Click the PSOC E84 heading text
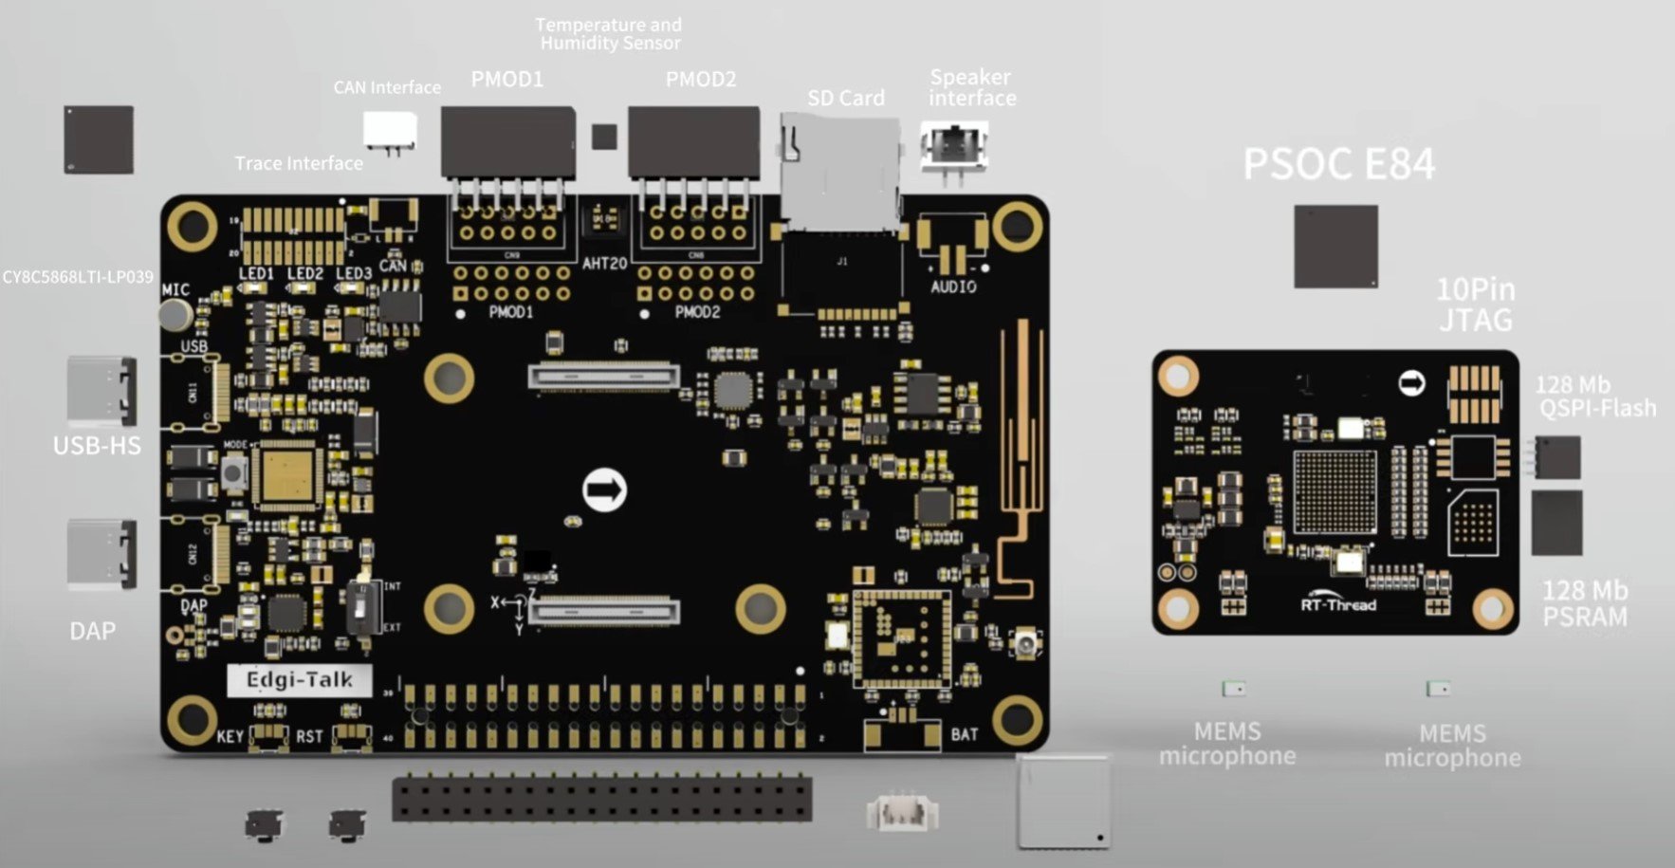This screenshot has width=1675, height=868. click(x=1338, y=164)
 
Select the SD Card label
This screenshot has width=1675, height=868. click(x=845, y=98)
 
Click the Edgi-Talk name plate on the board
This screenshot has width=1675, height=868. click(x=299, y=680)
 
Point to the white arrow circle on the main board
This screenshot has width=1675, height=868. click(x=604, y=490)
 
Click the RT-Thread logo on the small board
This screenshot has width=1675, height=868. click(x=1338, y=604)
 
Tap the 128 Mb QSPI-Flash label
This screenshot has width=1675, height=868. click(x=1595, y=397)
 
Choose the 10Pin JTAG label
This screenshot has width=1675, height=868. click(x=1475, y=305)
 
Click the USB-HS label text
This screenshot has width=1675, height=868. click(x=97, y=445)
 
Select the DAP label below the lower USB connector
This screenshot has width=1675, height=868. click(x=93, y=631)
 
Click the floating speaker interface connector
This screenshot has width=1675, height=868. click(x=953, y=147)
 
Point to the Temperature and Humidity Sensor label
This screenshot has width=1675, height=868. click(x=609, y=34)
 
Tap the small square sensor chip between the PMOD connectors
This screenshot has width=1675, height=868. click(x=604, y=137)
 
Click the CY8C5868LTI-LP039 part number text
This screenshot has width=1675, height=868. click(x=78, y=277)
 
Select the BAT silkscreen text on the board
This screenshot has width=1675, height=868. click(x=964, y=734)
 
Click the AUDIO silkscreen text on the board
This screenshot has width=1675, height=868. click(x=953, y=286)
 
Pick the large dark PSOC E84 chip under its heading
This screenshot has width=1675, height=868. click(x=1335, y=247)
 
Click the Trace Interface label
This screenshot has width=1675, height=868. click(x=299, y=163)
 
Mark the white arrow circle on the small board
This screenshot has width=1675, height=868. click(x=1412, y=383)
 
